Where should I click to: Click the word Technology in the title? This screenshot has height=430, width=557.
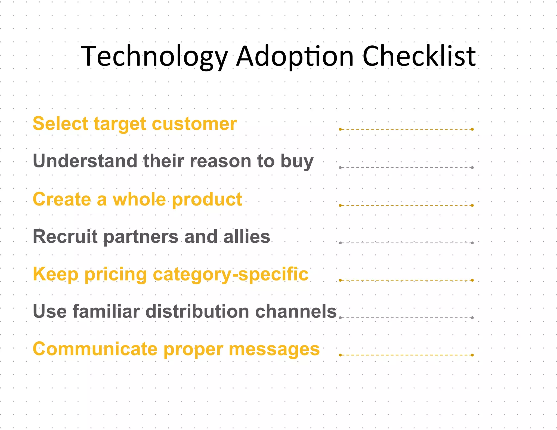(154, 56)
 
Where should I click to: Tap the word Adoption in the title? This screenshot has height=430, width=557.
(295, 56)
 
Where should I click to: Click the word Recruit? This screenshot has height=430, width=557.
(65, 236)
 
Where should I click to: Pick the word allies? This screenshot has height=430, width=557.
(247, 236)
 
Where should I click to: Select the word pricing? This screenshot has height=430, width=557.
(116, 275)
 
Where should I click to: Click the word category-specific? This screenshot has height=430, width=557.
(231, 275)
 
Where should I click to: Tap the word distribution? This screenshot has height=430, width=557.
(197, 311)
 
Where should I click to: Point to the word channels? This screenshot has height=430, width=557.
(296, 311)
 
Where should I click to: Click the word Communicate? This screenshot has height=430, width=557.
(95, 349)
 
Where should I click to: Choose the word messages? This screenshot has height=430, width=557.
(274, 349)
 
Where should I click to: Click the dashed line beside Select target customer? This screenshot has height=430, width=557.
(406, 129)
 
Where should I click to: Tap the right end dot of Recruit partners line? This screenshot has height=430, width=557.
(472, 243)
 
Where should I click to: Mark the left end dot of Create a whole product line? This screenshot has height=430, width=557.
(340, 205)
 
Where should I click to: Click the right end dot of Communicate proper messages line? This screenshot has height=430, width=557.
(472, 355)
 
